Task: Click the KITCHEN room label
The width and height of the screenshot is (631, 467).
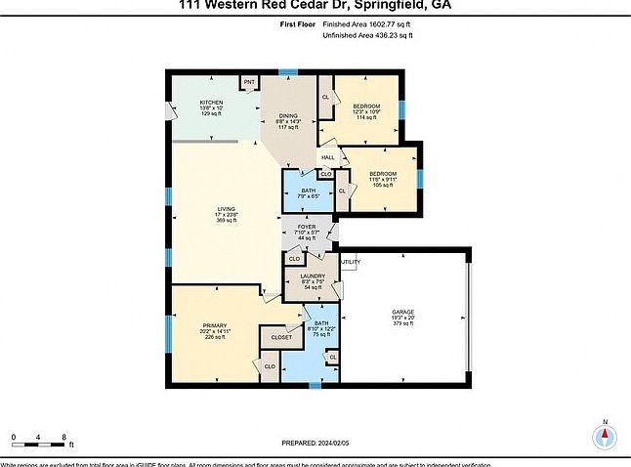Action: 212,102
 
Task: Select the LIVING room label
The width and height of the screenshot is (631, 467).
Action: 227,209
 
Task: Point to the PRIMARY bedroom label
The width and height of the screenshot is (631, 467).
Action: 215,325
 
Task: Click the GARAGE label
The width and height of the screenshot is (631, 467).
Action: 403,318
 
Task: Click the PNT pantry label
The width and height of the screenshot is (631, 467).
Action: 249,82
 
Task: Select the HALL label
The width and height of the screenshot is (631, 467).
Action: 328,157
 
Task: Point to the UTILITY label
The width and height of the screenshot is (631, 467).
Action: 352,262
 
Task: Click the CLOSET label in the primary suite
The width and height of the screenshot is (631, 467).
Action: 281,337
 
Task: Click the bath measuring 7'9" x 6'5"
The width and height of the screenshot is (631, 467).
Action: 308,191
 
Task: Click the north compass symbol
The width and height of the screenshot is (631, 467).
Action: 605,437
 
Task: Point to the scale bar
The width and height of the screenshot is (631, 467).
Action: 39,444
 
